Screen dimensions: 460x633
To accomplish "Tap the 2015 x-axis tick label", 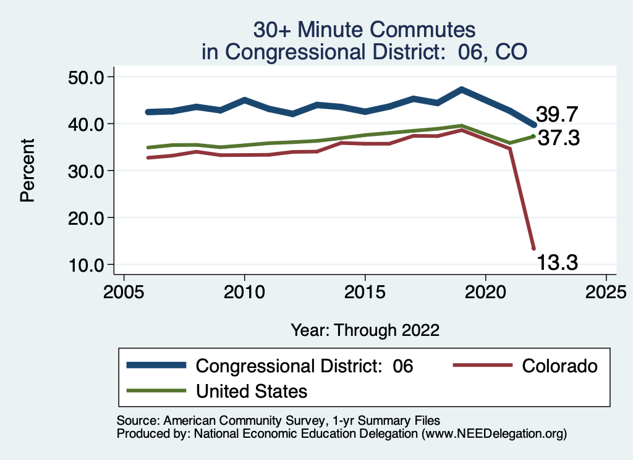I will [365, 290].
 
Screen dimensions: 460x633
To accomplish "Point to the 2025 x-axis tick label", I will [606, 290].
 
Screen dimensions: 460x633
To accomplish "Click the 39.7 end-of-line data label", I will [556, 114].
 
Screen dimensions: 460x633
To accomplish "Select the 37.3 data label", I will [558, 138].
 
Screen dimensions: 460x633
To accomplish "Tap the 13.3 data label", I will [556, 263].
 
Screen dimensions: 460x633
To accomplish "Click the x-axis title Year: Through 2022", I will [365, 330].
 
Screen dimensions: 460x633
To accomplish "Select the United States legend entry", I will [252, 391].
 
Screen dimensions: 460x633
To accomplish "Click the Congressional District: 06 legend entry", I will [304, 366].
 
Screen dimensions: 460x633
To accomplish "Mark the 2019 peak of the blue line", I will [461, 90].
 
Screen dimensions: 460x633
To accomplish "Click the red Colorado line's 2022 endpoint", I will [533, 248].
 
